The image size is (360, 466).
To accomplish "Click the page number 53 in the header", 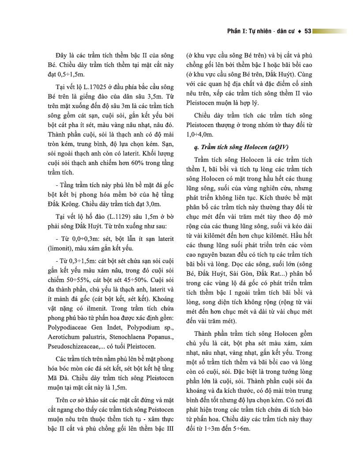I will [307, 31].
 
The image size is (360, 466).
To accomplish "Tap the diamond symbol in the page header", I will [300, 31].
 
